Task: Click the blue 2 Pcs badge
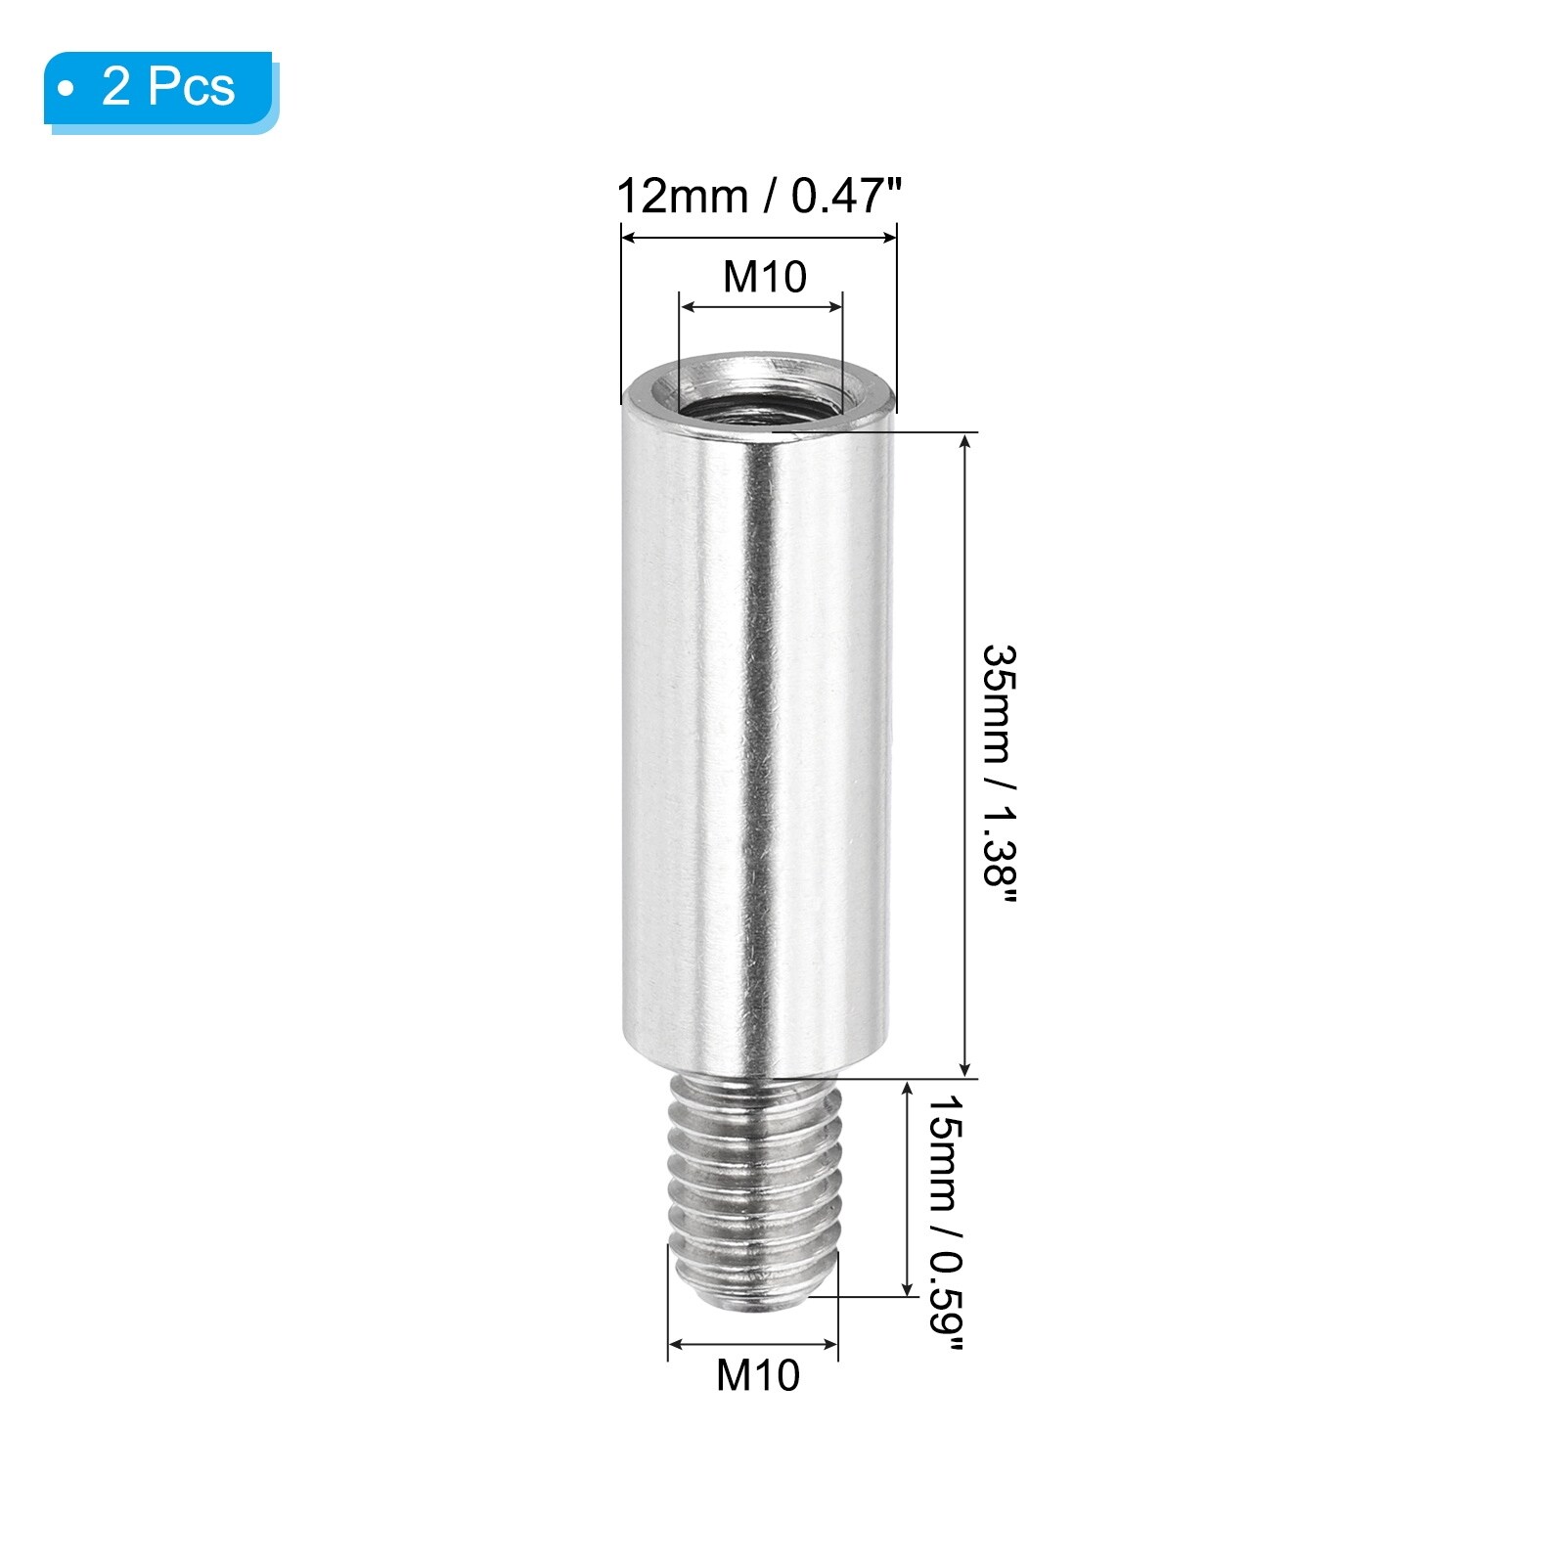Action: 158,89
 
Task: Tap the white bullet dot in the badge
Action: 67,90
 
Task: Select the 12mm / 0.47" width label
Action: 758,197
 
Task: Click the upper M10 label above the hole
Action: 765,277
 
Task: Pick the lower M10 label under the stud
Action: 758,1375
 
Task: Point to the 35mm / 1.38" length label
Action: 1000,778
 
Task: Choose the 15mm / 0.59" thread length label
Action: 945,1222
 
